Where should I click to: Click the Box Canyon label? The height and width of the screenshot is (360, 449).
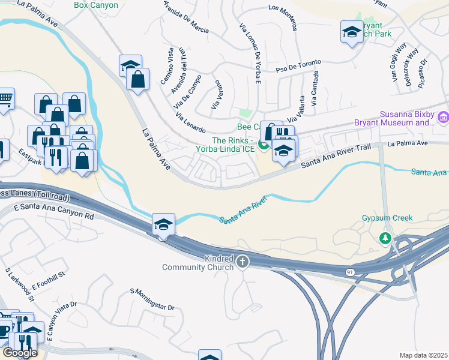(96, 5)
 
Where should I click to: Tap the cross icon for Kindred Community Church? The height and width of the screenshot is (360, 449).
(243, 261)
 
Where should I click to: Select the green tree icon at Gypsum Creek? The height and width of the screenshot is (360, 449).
(385, 239)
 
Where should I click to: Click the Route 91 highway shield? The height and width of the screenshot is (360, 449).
(350, 272)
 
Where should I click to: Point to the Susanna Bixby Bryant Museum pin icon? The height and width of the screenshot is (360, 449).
(443, 119)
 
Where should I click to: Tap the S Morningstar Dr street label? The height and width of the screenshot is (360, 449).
(152, 299)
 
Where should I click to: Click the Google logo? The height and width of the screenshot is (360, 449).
(20, 353)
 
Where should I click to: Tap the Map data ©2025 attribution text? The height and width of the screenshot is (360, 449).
(423, 355)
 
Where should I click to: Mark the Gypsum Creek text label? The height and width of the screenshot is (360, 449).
(387, 218)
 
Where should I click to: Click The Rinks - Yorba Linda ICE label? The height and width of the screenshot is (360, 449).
(224, 145)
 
